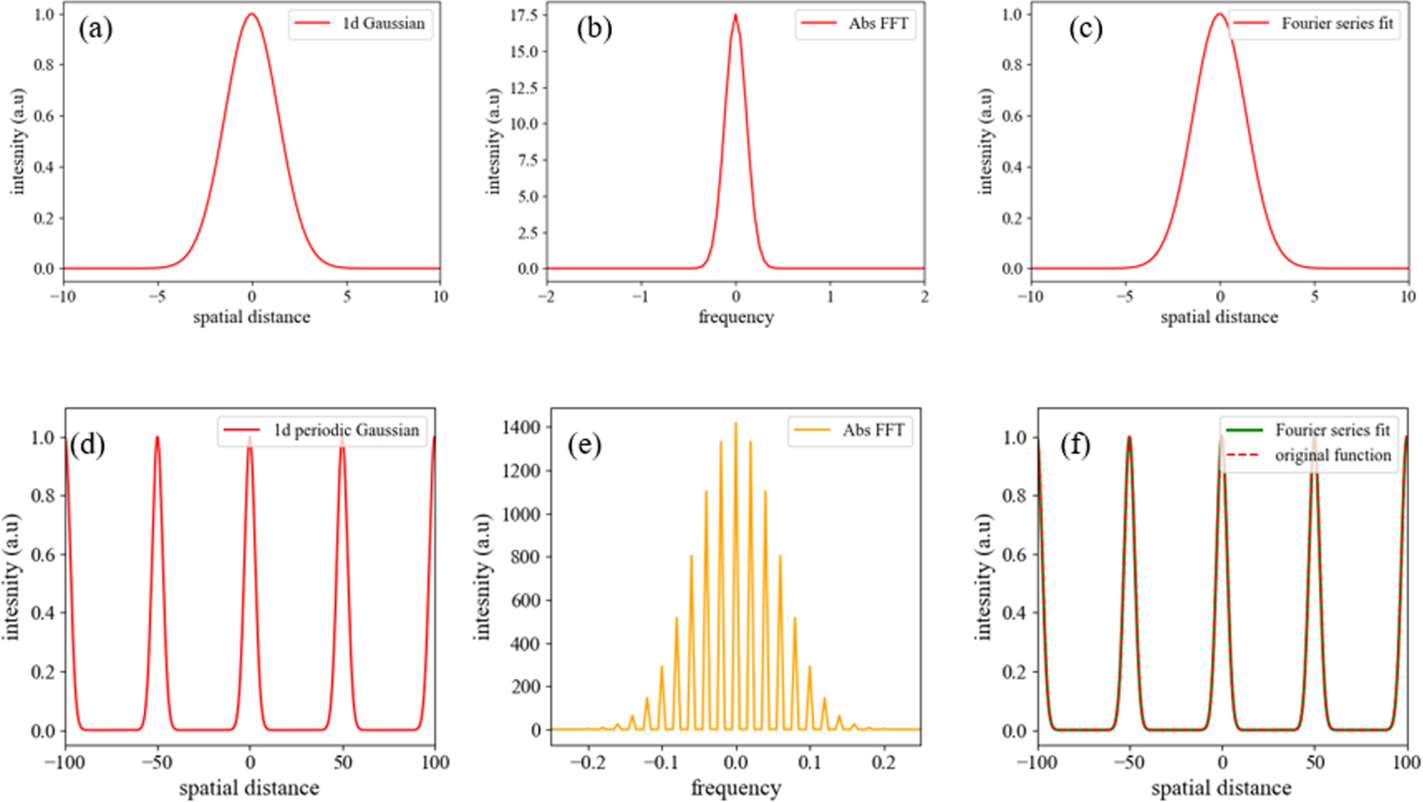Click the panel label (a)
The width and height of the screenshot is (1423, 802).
95,29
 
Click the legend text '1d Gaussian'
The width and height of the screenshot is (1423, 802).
383,23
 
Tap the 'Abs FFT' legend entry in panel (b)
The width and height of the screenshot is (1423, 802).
878,23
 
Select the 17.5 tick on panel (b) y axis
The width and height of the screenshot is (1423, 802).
524,15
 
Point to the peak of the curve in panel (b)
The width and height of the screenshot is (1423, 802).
735,16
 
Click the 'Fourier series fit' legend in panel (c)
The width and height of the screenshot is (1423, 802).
1337,23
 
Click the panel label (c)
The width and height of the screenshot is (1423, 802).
1085,29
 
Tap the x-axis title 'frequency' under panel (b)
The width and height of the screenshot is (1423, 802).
735,317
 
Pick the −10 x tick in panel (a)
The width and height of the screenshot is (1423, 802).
63,296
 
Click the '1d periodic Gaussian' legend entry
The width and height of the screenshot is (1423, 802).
346,430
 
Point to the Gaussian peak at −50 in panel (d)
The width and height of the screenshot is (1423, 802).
157,439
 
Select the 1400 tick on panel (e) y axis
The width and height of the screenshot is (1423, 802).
520,427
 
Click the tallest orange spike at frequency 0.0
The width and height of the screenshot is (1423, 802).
735,425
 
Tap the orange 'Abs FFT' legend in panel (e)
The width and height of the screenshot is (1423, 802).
873,430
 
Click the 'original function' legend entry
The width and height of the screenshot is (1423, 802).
1332,455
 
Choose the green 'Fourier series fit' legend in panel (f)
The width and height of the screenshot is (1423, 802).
1332,430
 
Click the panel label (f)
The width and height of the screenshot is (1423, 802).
1076,445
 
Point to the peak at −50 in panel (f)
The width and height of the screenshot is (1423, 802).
1129,439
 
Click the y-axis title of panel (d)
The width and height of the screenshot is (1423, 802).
12,576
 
